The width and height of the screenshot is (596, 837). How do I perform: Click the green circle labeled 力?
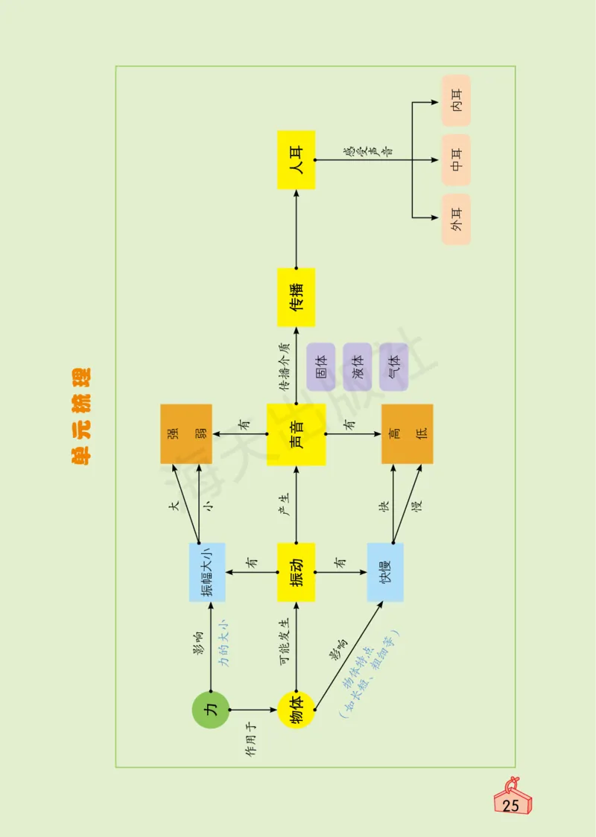pyautogui.click(x=211, y=710)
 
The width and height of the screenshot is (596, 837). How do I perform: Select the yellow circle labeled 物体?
pyautogui.click(x=296, y=710)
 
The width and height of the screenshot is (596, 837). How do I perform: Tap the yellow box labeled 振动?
pyautogui.click(x=296, y=572)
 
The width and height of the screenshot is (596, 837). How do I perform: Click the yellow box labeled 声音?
pyautogui.click(x=296, y=434)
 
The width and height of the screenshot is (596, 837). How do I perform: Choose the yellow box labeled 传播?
pyautogui.click(x=296, y=297)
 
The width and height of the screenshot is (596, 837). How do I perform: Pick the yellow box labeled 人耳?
pyautogui.click(x=296, y=159)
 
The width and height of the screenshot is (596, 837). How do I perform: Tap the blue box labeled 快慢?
pyautogui.click(x=385, y=572)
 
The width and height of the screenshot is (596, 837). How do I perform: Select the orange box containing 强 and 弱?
pyautogui.click(x=186, y=434)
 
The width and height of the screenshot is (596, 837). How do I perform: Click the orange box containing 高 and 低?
pyautogui.click(x=407, y=434)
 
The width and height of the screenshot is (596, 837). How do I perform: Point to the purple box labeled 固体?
pyautogui.click(x=321, y=367)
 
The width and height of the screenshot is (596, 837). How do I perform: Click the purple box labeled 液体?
pyautogui.click(x=358, y=367)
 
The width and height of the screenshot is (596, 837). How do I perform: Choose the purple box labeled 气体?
pyautogui.click(x=393, y=367)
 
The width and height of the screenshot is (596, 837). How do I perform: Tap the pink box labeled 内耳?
pyautogui.click(x=456, y=101)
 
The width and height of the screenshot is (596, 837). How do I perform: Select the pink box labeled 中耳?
pyautogui.click(x=456, y=159)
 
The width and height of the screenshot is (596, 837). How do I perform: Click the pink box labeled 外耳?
pyautogui.click(x=456, y=219)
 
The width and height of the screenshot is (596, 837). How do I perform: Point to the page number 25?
pyautogui.click(x=512, y=806)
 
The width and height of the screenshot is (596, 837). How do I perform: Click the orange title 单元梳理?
pyautogui.click(x=80, y=417)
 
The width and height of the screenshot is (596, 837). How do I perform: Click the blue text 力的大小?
pyautogui.click(x=223, y=640)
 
